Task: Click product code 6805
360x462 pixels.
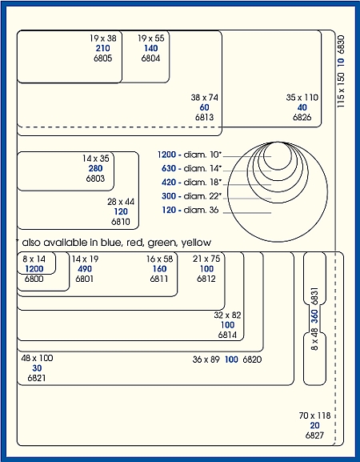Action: (102, 58)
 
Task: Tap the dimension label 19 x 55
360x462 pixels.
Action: (151, 38)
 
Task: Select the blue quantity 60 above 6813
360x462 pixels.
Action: (204, 107)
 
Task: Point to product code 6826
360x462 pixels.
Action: (302, 117)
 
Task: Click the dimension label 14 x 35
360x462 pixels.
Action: (96, 159)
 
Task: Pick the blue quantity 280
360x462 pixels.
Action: (96, 168)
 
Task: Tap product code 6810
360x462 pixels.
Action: (120, 222)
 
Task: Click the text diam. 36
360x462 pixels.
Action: (201, 210)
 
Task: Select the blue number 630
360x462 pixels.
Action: (169, 168)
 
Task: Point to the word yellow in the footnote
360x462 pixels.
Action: (196, 243)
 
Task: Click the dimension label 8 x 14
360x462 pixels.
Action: (34, 259)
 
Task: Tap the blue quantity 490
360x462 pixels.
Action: (85, 269)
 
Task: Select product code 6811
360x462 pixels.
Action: (159, 279)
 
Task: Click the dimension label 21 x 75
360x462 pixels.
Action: (206, 259)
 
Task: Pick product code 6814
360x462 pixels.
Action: (227, 335)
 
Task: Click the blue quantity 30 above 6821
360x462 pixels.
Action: (37, 368)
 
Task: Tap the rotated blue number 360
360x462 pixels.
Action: (314, 316)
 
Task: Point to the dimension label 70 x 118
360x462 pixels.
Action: (314, 416)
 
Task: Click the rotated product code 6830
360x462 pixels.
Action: (341, 45)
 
